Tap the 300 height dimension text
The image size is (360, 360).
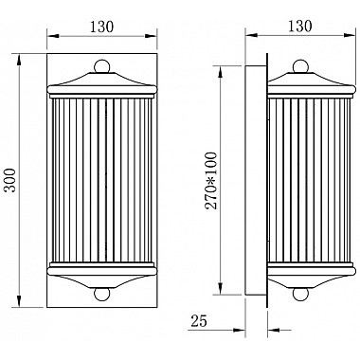pyautogui.click(x=9, y=178)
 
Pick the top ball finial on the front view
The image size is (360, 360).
pyautogui.click(x=99, y=68)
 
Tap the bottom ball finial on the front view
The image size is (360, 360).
pyautogui.click(x=99, y=294)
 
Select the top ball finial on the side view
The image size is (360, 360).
pyautogui.click(x=301, y=67)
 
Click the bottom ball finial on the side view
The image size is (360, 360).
pyautogui.click(x=301, y=295)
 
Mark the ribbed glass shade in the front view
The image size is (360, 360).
pyautogui.click(x=99, y=180)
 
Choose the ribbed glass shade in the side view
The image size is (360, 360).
pyautogui.click(x=301, y=180)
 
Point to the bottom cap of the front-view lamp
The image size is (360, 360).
pyautogui.click(x=99, y=275)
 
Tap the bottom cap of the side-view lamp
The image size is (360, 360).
pyautogui.click(x=301, y=275)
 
